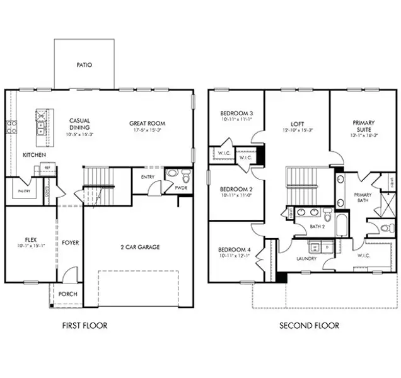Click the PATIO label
[84, 64]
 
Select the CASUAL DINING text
[79, 124]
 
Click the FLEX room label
[30, 240]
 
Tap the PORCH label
[67, 294]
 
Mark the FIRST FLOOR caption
[84, 326]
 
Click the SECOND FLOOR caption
[309, 326]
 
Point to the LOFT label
[298, 123]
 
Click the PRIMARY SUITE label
[364, 127]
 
